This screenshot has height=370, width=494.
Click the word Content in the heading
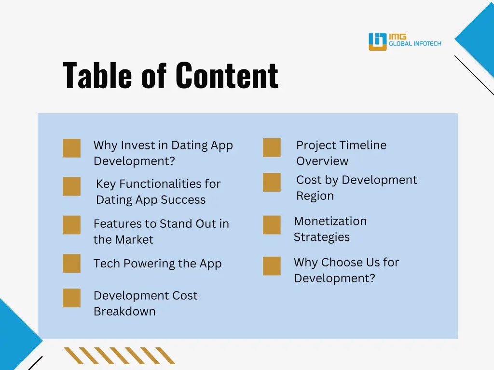[x=226, y=76]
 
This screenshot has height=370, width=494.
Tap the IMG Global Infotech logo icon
[x=378, y=41]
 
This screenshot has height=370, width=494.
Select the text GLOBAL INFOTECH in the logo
[x=415, y=44]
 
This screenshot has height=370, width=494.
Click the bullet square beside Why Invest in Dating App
[x=71, y=148]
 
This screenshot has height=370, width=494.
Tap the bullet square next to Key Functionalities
[x=71, y=186]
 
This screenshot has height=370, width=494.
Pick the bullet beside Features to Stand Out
[x=71, y=225]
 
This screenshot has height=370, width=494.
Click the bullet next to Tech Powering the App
[x=71, y=264]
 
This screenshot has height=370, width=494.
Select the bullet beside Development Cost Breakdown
[x=71, y=298]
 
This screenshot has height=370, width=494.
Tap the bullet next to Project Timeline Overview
[x=272, y=147]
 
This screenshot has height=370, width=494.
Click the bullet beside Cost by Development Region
[x=272, y=182]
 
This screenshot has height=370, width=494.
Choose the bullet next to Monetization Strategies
[x=272, y=225]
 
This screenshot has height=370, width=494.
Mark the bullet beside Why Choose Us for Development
[x=272, y=266]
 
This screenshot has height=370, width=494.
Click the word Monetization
[x=330, y=221]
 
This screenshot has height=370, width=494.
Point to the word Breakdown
[x=124, y=311]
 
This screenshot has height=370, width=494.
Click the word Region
[x=315, y=196]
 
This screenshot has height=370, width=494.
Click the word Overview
[x=322, y=161]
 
